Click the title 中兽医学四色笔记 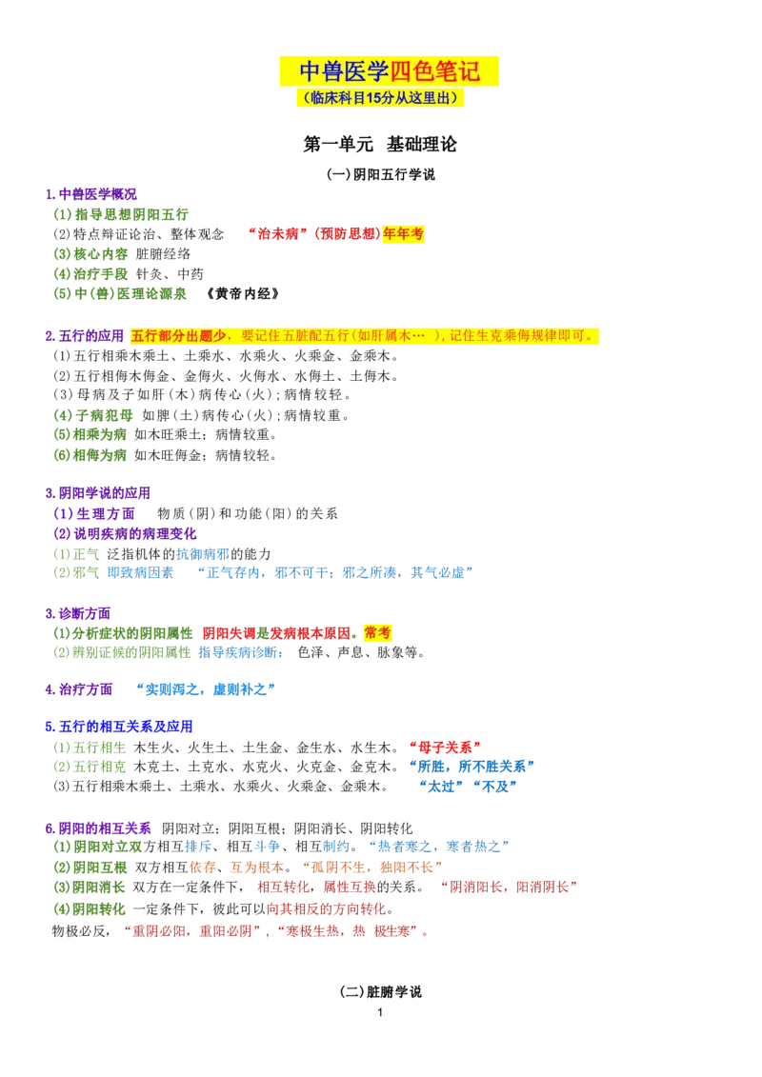pos(389,71)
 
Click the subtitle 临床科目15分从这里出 pos(380,98)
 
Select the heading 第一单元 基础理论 pos(380,144)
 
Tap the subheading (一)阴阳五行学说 pos(381,174)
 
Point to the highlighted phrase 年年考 pos(403,233)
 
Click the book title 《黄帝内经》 pos(243,294)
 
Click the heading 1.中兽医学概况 pos(90,194)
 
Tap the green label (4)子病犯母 pos(93,415)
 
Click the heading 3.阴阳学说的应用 pos(97,493)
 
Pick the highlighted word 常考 pos(377,632)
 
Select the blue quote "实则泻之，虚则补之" pos(206,688)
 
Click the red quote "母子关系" pos(445,748)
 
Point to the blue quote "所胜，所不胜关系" pos(471,767)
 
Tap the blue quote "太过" pos(441,787)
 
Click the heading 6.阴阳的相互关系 pos(98,828)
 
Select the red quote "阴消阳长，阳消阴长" pos(509,888)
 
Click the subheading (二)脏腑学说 pos(381,992)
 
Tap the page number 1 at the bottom pos(380,1012)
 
